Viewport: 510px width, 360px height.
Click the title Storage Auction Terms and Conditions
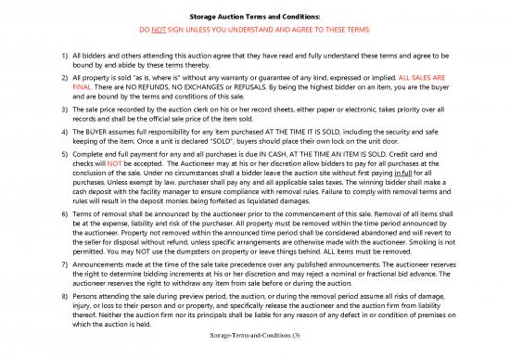pyautogui.click(x=254, y=17)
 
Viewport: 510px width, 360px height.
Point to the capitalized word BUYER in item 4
pyautogui.click(x=88, y=132)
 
